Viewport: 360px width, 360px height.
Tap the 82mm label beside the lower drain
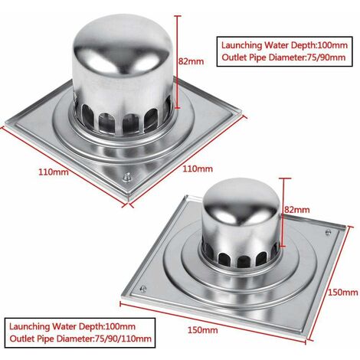pos(298,209)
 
